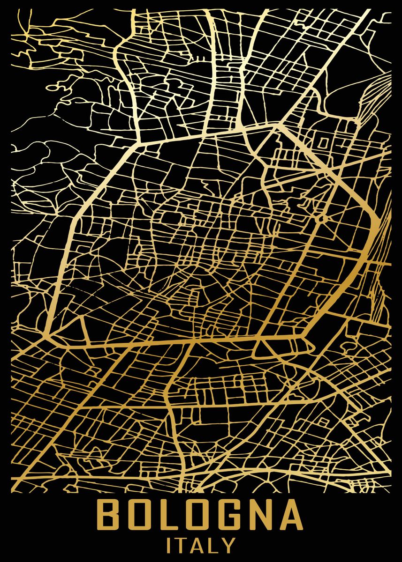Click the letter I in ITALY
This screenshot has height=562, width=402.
pyautogui.click(x=169, y=545)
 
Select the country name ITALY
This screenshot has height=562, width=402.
pyautogui.click(x=200, y=545)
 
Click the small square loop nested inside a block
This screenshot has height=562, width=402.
pyautogui.click(x=325, y=141)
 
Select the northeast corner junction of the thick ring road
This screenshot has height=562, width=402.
pyautogui.click(x=278, y=125)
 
